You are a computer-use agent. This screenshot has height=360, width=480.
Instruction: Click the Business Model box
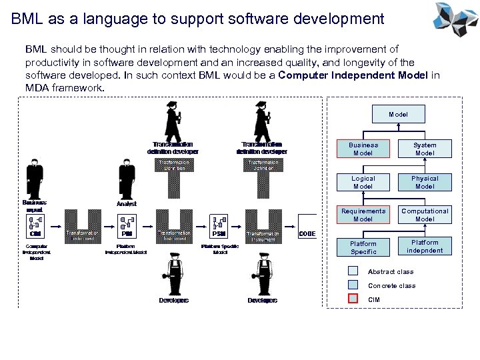coord(363,149)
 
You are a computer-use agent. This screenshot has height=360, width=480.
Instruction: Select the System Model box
coord(425,149)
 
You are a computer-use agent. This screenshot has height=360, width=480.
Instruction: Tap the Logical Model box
coord(363,182)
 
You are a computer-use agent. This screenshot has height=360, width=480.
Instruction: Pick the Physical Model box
coord(425,182)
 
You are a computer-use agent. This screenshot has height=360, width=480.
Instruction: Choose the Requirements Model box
coord(363,215)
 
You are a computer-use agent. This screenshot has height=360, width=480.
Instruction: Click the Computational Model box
coord(425,215)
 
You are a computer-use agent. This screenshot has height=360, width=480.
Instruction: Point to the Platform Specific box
coord(363,247)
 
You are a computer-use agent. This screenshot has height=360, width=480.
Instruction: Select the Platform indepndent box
coord(425,247)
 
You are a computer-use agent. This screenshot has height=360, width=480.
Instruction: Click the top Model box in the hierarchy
coord(398,115)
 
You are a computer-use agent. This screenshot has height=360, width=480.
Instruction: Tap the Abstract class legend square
coord(353,271)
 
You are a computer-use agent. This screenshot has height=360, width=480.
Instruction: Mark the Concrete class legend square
coord(353,285)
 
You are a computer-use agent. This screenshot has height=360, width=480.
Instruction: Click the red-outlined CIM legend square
coord(353,299)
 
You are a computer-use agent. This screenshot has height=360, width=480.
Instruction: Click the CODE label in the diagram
coord(307,234)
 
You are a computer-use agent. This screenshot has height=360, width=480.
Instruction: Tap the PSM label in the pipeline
coord(218,234)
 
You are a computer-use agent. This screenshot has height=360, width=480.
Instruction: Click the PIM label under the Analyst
coord(127,234)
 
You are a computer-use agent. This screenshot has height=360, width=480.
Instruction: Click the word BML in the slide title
coord(27,19)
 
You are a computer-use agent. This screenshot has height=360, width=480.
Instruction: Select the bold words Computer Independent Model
coord(353,75)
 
